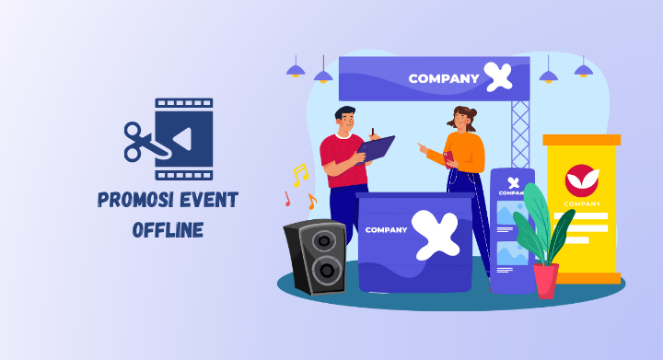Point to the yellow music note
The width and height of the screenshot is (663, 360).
[x=299, y=174]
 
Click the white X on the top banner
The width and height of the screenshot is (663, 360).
[x=498, y=77]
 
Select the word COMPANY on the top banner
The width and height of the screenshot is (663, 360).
[x=444, y=78]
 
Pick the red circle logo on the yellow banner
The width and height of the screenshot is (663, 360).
[x=581, y=179]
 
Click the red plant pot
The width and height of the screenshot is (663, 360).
[x=546, y=280]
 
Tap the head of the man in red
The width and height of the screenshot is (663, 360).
[x=344, y=118]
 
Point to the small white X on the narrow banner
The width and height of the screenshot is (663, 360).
[x=513, y=181]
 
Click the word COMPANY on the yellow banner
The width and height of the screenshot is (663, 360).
[x=581, y=204]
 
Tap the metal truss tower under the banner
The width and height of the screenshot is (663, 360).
[x=520, y=134]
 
